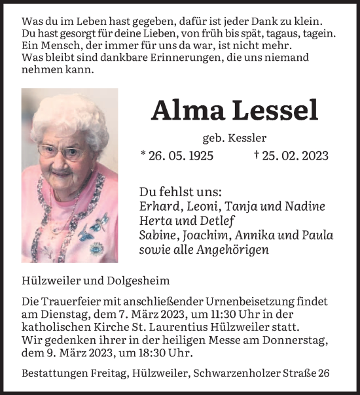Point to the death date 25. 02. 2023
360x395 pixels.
(x=295, y=156)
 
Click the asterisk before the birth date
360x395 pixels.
(x=143, y=155)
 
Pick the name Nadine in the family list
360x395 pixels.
(x=306, y=207)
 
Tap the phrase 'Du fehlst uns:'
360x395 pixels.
(x=180, y=192)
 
